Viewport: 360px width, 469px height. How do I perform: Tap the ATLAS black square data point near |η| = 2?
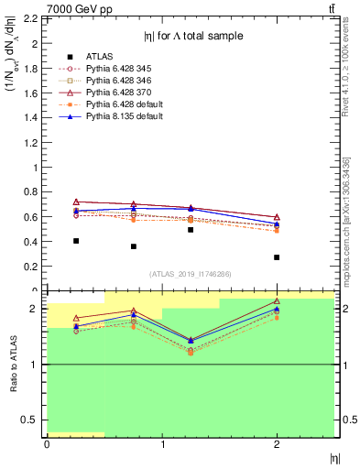point(277,257)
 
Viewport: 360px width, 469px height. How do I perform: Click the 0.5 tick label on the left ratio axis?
point(30,420)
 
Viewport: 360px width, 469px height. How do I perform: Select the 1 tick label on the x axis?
point(161,446)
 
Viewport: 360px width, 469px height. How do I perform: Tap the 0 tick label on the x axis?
point(47,446)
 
